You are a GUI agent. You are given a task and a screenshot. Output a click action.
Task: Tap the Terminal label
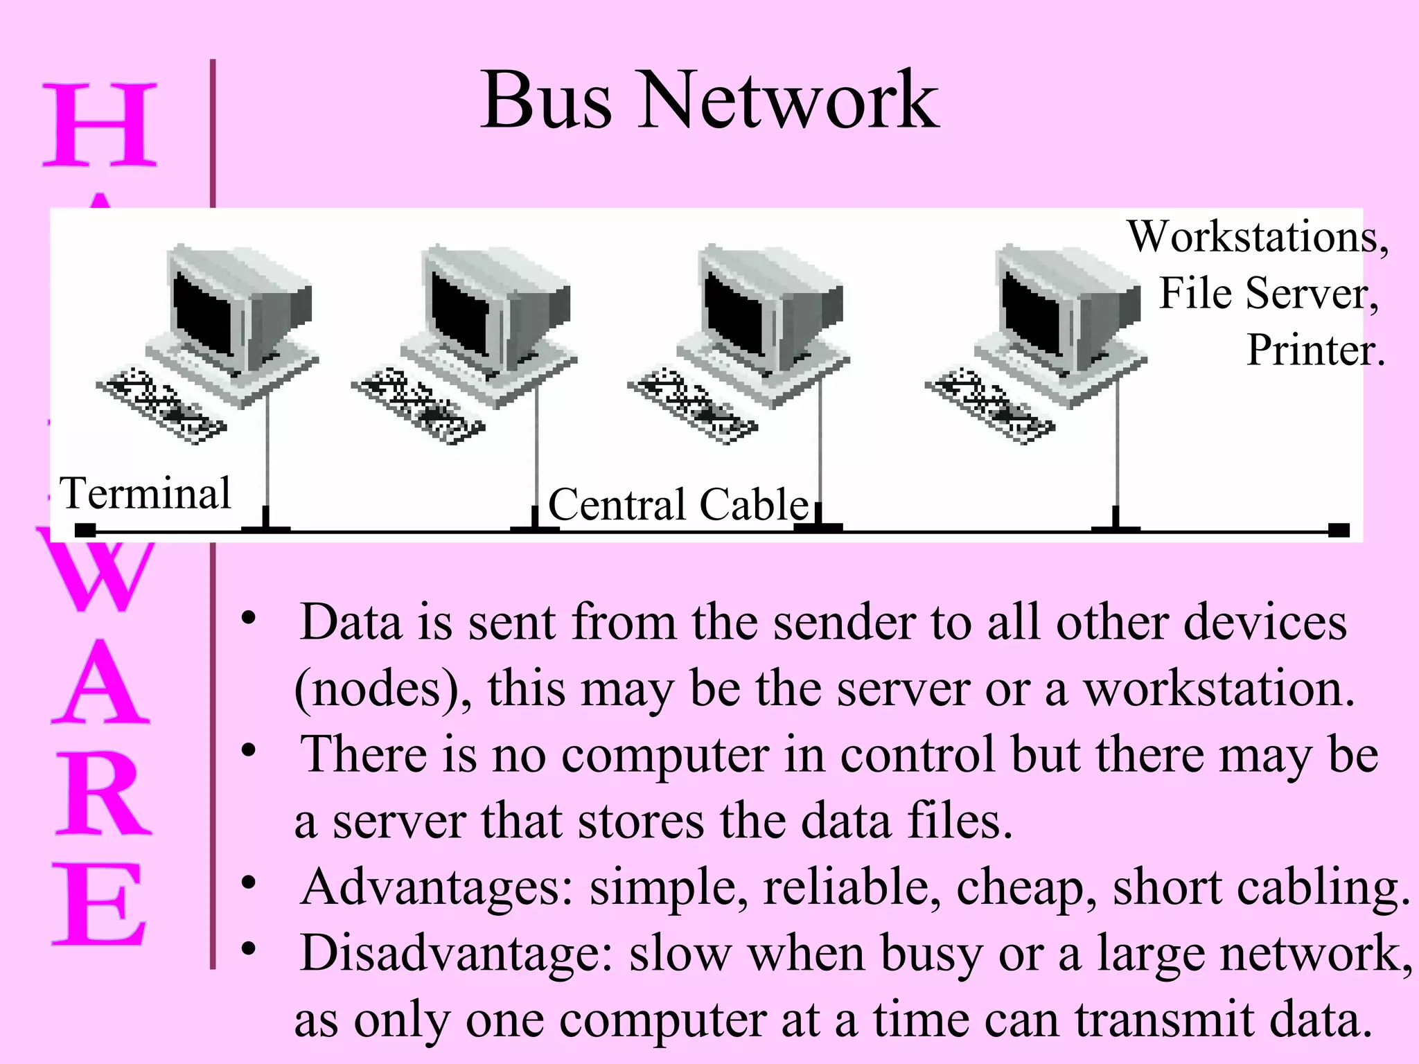(x=145, y=493)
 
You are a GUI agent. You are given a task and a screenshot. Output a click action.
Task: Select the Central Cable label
(x=678, y=504)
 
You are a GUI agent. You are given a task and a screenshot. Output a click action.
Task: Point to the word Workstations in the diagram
(x=1255, y=238)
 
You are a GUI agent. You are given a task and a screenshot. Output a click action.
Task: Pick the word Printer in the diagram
(x=1314, y=350)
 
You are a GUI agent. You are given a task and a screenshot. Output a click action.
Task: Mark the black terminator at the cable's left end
(x=85, y=531)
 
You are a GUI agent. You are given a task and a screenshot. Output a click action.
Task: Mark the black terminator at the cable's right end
(x=1339, y=531)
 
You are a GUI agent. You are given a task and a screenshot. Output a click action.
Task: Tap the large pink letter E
(x=99, y=905)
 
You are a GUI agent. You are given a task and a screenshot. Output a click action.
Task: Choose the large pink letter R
(x=103, y=795)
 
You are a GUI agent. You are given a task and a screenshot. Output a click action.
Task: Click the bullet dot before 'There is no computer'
(x=249, y=750)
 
